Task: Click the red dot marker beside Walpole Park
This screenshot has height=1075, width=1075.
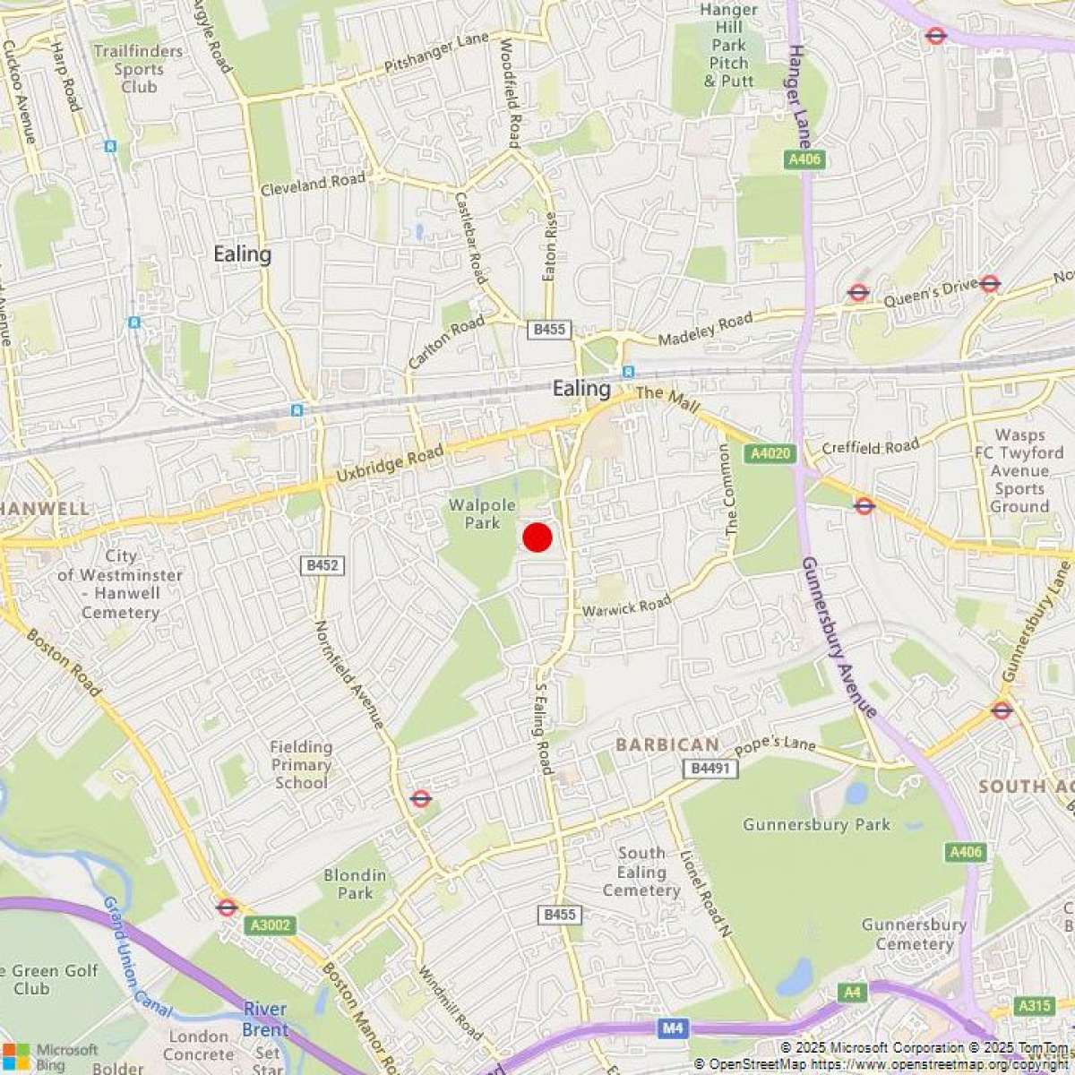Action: [x=537, y=537]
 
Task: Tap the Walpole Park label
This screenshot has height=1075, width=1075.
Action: [x=482, y=513]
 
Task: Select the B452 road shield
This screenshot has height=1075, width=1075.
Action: [x=322, y=565]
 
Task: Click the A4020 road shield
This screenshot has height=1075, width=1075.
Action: [x=770, y=453]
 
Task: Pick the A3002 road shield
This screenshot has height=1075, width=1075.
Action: [x=271, y=925]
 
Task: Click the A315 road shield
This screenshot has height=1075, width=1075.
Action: [x=1035, y=1006]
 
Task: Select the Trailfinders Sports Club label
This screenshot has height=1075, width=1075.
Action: [x=138, y=69]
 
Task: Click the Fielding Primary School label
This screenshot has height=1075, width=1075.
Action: [x=301, y=764]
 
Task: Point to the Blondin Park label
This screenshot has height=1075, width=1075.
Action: [x=356, y=884]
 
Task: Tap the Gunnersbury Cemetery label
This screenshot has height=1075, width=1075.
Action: [x=914, y=934]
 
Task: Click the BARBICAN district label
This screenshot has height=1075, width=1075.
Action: [x=666, y=744]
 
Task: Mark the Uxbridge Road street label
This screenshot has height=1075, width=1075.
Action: [x=390, y=466]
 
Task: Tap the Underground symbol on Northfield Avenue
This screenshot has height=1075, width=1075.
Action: [x=420, y=797]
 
